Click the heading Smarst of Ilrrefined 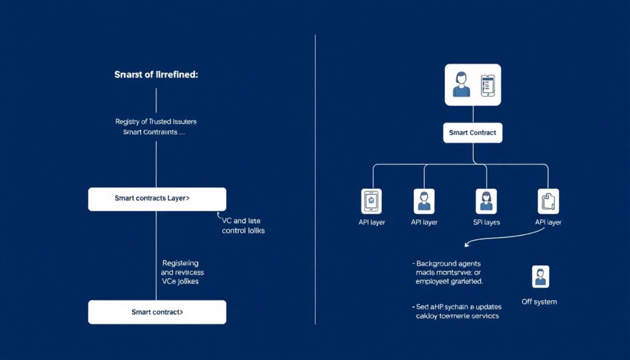(156, 74)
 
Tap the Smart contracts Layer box (157, 199)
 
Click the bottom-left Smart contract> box (157, 312)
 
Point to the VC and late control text (242, 225)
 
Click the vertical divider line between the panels (315, 178)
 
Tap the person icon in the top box (461, 85)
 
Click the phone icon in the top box (487, 85)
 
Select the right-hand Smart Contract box (472, 132)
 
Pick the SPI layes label (486, 222)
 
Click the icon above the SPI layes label (486, 201)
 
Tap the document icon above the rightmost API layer (548, 201)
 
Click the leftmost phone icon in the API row (371, 201)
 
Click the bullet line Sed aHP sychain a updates (457, 306)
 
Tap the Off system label (539, 302)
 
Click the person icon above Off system (540, 277)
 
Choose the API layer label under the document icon (548, 222)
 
